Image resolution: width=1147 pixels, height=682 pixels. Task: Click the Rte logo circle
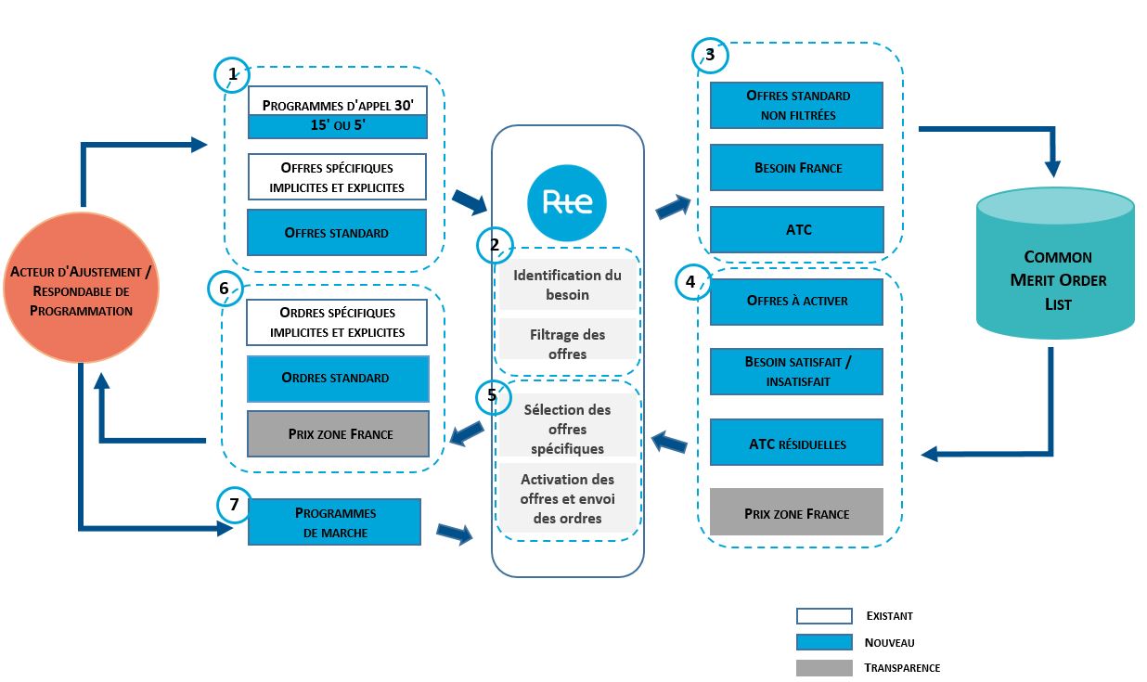point(566,201)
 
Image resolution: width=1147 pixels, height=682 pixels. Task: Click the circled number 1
point(232,74)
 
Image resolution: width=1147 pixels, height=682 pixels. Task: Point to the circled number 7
point(234,505)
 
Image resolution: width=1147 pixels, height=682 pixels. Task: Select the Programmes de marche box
point(334,521)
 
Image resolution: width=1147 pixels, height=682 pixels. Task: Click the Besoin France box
point(796,168)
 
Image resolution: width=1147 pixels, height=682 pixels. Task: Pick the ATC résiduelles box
point(796,444)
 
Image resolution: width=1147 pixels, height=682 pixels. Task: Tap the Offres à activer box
point(796,302)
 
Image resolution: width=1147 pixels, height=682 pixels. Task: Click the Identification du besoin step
point(567,285)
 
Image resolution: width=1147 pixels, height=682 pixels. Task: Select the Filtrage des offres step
point(567,344)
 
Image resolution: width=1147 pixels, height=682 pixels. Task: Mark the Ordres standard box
point(338,379)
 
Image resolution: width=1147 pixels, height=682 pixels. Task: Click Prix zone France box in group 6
point(338,433)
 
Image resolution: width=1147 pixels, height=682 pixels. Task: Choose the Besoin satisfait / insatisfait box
point(796,372)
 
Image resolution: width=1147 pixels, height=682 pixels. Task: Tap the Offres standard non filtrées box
point(796,105)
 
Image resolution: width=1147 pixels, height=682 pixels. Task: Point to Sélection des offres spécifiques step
point(567,429)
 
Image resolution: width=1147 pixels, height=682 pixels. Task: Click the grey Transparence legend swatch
point(823,668)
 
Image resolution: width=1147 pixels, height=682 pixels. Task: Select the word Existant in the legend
point(889,615)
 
